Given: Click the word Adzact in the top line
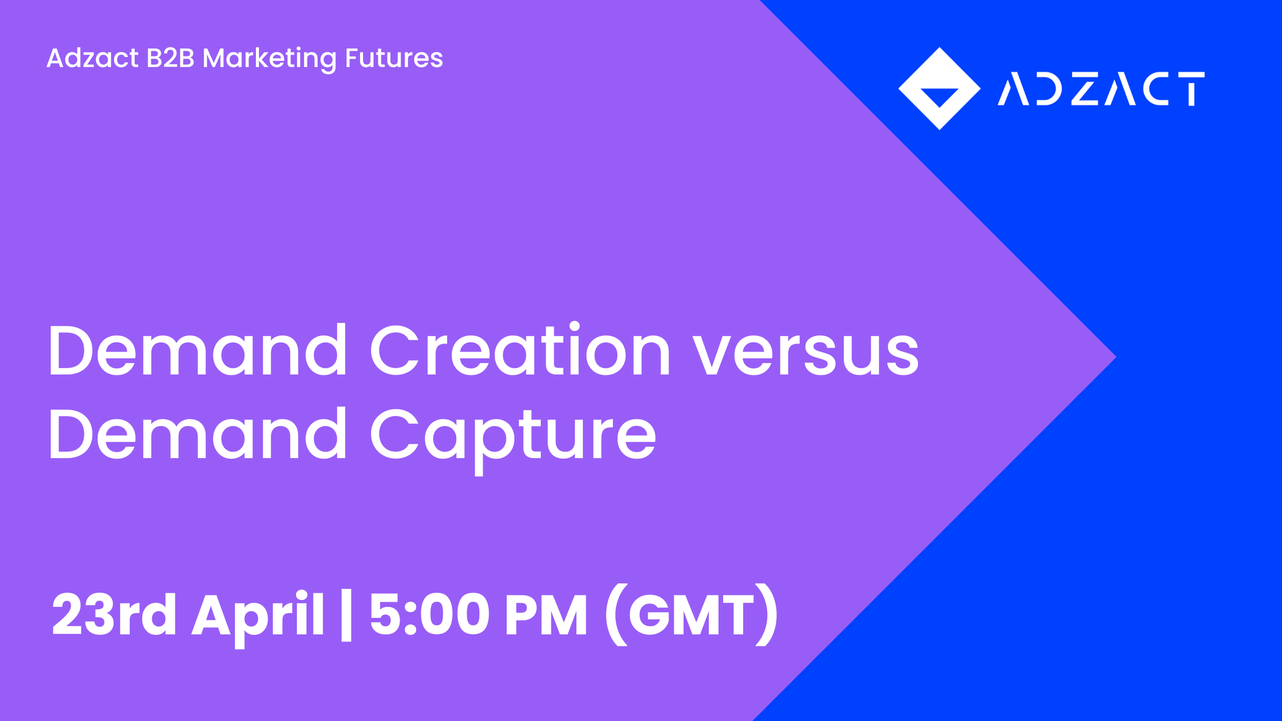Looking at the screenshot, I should [x=92, y=58].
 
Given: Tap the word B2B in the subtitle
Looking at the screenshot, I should [x=170, y=58].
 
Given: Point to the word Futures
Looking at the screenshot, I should [x=394, y=58].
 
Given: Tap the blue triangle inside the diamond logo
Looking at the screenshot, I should [x=939, y=96].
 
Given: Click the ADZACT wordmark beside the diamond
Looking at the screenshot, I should [x=1100, y=89].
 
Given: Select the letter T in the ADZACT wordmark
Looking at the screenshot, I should [x=1191, y=89].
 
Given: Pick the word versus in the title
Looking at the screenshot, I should [x=806, y=354].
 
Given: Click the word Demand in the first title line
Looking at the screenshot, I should [x=198, y=350].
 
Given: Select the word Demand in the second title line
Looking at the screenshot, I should [x=198, y=434].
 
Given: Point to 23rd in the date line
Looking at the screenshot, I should [x=114, y=614].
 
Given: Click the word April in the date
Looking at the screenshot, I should [x=257, y=615].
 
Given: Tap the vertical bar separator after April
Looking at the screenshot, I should [x=346, y=615].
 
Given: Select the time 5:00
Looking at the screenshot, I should [x=430, y=614].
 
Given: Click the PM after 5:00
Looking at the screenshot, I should [x=546, y=614].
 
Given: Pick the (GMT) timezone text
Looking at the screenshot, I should [x=691, y=614].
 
